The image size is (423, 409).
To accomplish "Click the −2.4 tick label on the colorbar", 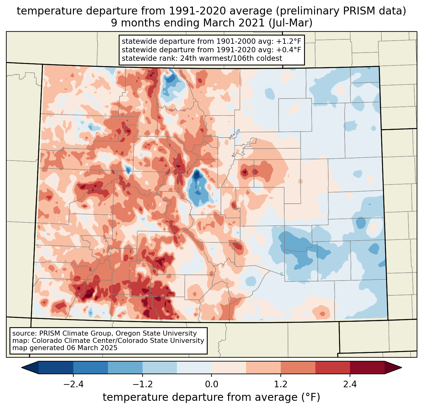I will pyautogui.click(x=73, y=384).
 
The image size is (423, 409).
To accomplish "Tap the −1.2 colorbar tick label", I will pyautogui.click(x=142, y=384).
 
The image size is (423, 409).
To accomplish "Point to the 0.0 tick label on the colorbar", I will pyautogui.click(x=211, y=384).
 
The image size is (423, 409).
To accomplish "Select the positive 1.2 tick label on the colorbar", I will pyautogui.click(x=281, y=384).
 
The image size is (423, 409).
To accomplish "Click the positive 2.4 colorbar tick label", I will pyautogui.click(x=350, y=384).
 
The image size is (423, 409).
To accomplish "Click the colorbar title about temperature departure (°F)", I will pyautogui.click(x=211, y=397).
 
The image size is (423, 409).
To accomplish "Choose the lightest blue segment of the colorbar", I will pyautogui.click(x=194, y=367).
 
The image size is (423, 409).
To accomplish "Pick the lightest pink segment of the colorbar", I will pyautogui.click(x=229, y=367).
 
